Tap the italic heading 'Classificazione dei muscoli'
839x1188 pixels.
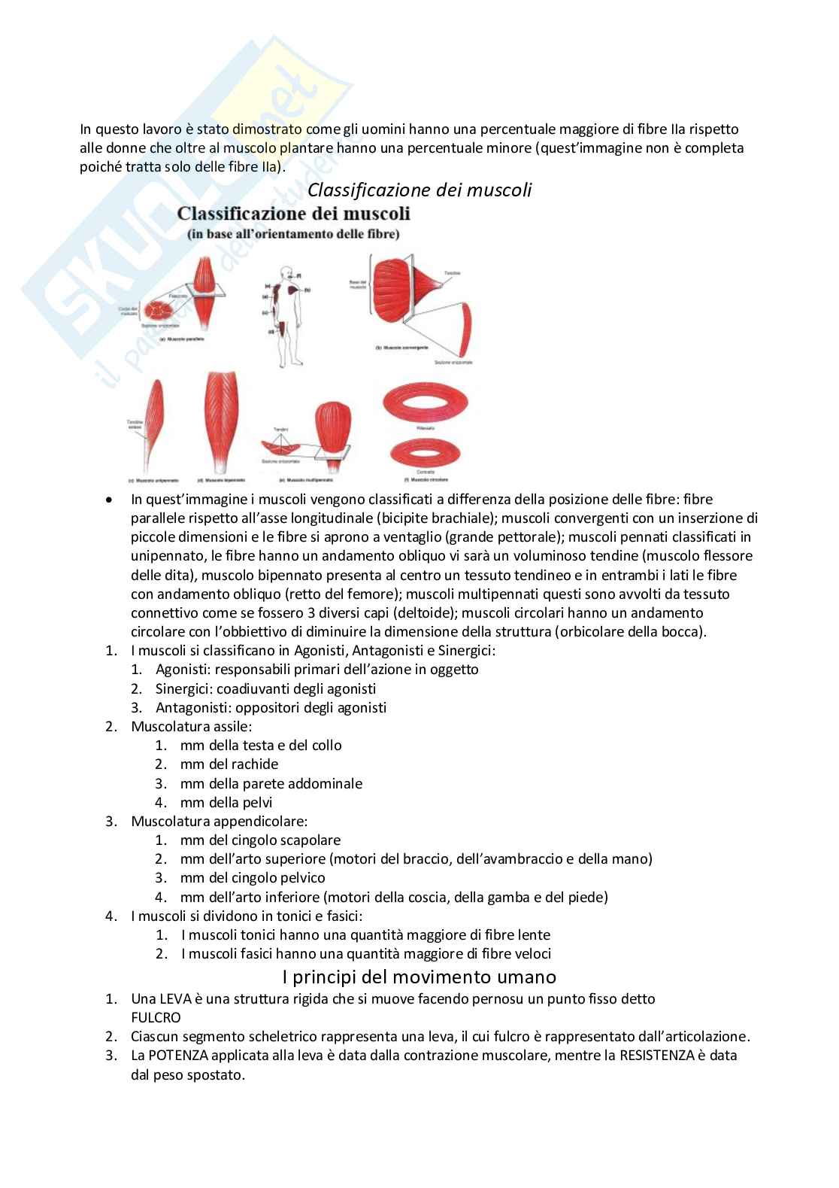coord(419,190)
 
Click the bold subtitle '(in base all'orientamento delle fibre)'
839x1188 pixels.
coord(293,234)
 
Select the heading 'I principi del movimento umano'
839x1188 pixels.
coord(419,977)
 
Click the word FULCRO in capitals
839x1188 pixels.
coord(156,1017)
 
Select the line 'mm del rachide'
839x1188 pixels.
coord(229,764)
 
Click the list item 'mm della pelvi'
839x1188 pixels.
coord(226,802)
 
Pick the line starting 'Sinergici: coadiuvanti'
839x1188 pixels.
coord(265,688)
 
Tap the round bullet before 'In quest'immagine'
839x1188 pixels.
coord(110,500)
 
